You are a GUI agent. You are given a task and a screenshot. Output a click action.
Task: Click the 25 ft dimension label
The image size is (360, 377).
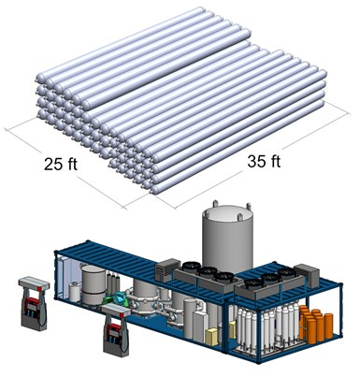click(x=61, y=164)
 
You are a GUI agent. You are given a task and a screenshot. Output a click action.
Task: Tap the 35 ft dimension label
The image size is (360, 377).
click(x=264, y=161)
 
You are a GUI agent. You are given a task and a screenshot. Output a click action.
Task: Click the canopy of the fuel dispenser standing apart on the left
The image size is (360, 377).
click(x=34, y=284)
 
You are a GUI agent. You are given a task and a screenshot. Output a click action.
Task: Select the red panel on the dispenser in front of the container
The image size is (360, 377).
click(x=113, y=328)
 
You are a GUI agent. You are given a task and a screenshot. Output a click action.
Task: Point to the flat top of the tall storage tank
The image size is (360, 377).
click(x=227, y=215)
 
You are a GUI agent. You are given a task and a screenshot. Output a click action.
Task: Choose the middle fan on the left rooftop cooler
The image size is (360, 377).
click(x=208, y=271)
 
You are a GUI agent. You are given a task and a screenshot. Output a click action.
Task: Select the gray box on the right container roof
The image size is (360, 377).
click(x=307, y=275)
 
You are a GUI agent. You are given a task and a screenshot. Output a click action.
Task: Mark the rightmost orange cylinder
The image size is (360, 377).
click(x=328, y=326)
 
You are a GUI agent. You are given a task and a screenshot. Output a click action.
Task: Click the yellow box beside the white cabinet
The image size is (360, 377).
click(x=212, y=336)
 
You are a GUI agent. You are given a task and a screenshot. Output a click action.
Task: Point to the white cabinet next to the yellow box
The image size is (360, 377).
click(x=200, y=326)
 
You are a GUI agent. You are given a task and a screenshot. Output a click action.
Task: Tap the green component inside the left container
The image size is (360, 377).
click(x=108, y=300)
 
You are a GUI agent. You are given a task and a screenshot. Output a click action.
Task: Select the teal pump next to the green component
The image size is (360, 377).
click(x=120, y=299)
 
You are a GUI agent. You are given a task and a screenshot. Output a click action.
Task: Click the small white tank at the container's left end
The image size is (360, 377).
click(x=75, y=292)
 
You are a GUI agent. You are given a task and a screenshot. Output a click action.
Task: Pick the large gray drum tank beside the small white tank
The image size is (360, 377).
click(x=94, y=284)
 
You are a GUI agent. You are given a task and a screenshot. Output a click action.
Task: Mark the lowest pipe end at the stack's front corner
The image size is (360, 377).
click(x=153, y=190)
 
